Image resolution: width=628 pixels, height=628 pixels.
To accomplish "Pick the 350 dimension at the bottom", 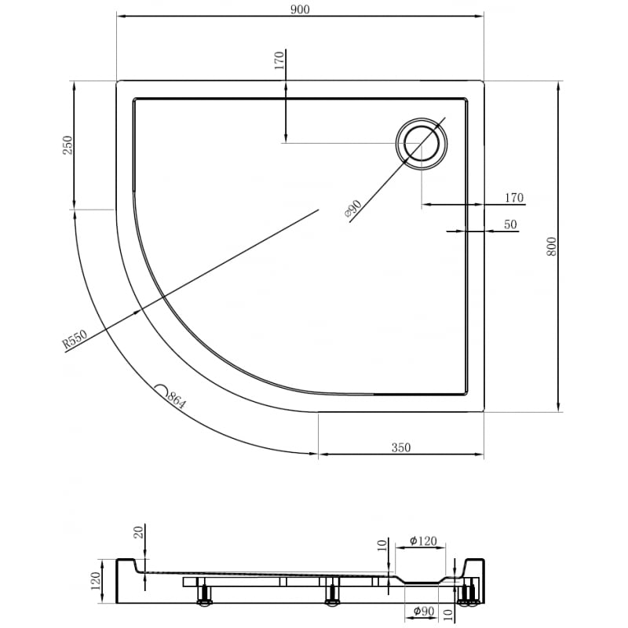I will (400, 447).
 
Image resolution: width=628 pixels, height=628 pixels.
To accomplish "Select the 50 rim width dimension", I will (510, 225).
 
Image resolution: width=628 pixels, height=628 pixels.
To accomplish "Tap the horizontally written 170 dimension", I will (514, 198).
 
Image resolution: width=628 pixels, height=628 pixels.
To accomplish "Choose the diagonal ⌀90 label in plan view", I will (352, 209).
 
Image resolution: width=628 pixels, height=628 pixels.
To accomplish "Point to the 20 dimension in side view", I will (139, 533).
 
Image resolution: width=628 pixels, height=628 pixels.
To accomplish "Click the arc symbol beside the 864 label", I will (161, 389).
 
